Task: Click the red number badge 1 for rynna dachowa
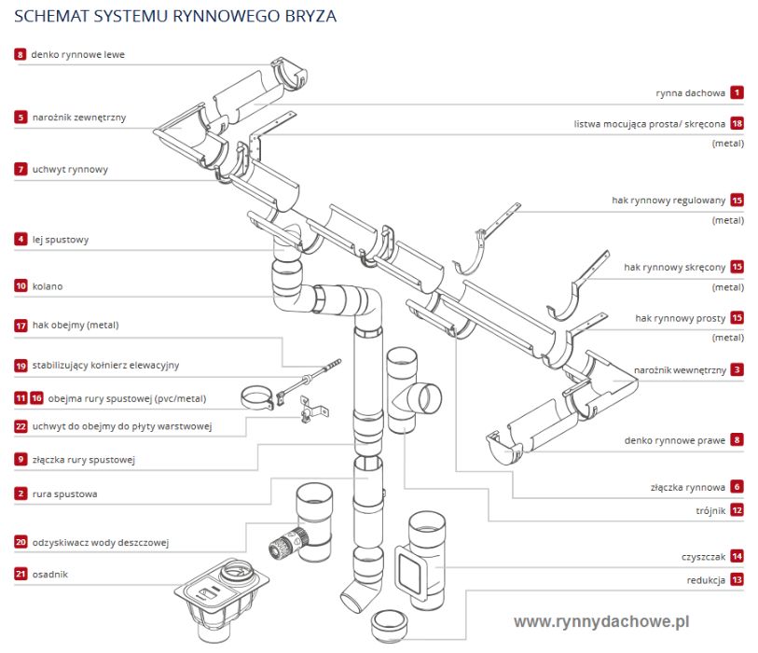click(x=737, y=93)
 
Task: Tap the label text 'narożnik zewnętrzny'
click(x=78, y=118)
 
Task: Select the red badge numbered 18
click(x=737, y=123)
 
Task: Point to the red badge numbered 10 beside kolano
click(x=21, y=286)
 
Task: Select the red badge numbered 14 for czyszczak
click(x=737, y=557)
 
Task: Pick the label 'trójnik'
click(x=710, y=510)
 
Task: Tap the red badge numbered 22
click(x=21, y=426)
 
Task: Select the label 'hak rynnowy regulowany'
click(x=668, y=200)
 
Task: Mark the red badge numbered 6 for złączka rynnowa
click(x=737, y=487)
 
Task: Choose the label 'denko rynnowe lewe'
click(x=77, y=55)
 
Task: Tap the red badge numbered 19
click(x=21, y=365)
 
